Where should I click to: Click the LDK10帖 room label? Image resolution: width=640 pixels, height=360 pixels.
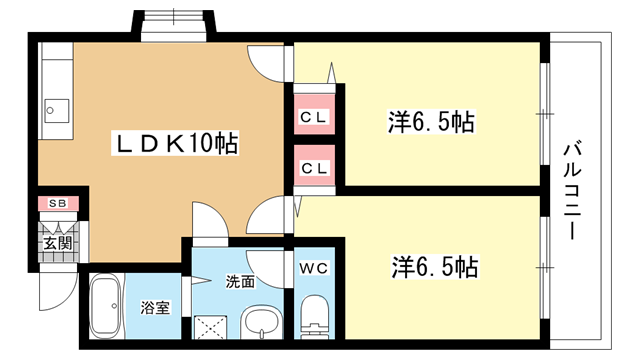coord(175,143)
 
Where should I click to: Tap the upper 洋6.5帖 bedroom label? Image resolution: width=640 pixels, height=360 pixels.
coord(431,122)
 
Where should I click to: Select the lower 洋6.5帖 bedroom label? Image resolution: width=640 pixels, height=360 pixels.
coord(435,267)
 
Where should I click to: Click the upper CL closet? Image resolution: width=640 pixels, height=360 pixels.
coord(314,114)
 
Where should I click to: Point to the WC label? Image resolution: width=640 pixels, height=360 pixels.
coord(314,268)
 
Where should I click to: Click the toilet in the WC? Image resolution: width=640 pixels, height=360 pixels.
coord(314,317)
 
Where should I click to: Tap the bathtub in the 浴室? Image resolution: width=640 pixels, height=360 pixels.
coord(105,306)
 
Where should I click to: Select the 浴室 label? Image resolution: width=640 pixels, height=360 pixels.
coord(155,307)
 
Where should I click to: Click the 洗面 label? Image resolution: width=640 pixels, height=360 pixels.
coord(240,282)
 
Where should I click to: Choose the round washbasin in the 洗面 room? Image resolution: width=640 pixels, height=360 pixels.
coord(261,323)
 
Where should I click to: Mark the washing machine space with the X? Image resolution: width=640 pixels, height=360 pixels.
coord(211,327)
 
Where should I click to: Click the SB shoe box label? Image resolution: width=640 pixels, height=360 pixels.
coord(58,203)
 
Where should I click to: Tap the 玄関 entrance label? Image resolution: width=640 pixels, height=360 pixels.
coord(58,243)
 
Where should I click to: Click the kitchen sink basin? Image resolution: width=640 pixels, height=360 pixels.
coord(56,110)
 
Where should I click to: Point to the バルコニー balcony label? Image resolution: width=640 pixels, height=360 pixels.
coord(572,190)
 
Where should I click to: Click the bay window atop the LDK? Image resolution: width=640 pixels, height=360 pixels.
coord(173,25)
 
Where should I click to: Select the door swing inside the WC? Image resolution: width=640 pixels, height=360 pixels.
coord(265,269)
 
